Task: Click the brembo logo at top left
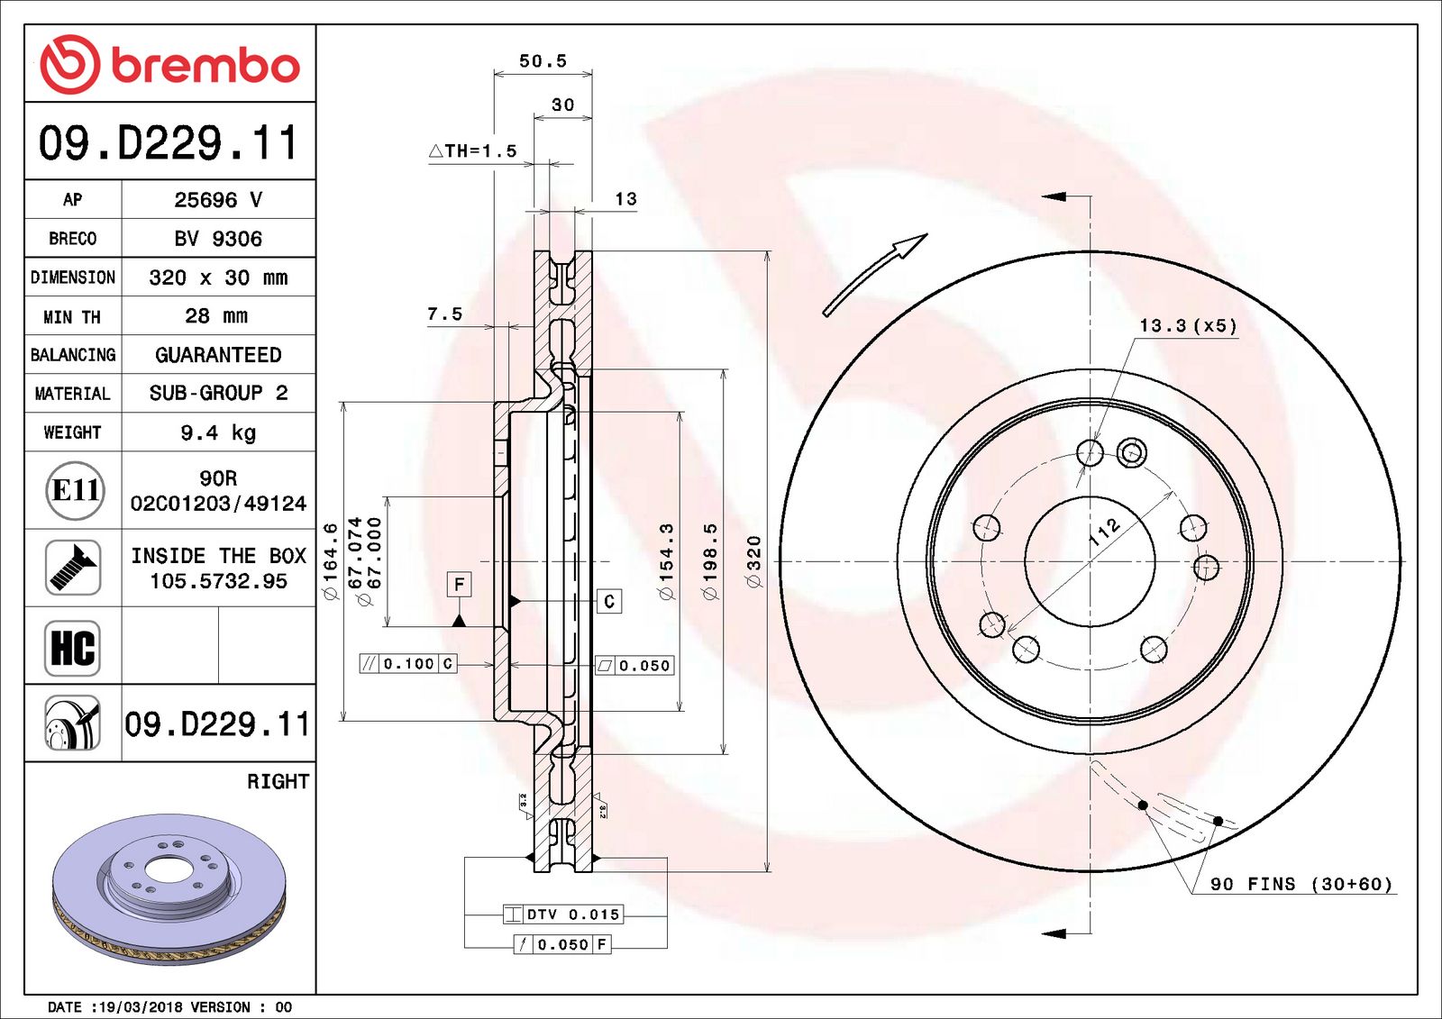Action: pyautogui.click(x=169, y=64)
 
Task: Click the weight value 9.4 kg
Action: pyautogui.click(x=218, y=432)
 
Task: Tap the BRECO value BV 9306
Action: pyautogui.click(x=218, y=239)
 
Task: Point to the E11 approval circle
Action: pyautogui.click(x=75, y=490)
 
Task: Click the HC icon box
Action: pyautogui.click(x=72, y=648)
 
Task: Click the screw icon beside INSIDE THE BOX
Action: pyautogui.click(x=72, y=568)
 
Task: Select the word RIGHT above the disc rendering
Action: pyautogui.click(x=278, y=781)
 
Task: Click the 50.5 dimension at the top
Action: pyautogui.click(x=543, y=61)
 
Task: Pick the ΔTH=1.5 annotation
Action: pyautogui.click(x=473, y=151)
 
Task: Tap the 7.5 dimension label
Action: pyautogui.click(x=444, y=314)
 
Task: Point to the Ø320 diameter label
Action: pyautogui.click(x=754, y=561)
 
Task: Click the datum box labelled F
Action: pyautogui.click(x=459, y=585)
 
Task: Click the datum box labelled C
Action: pyautogui.click(x=609, y=601)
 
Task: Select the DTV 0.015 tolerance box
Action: pyautogui.click(x=563, y=914)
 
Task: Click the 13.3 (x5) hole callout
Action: pyautogui.click(x=1188, y=325)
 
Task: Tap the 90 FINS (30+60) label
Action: pyautogui.click(x=1301, y=884)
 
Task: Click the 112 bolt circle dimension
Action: pyautogui.click(x=1105, y=532)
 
